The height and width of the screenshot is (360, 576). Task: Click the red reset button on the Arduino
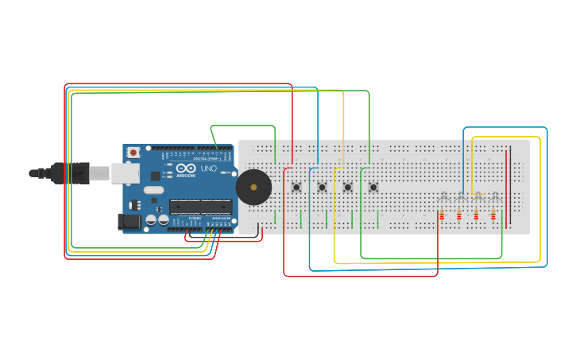coord(133,152)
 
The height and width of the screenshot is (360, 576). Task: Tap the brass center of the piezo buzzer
coord(253,188)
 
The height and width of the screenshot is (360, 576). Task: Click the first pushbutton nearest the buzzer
coord(296,188)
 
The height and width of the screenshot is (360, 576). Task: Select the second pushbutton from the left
coord(322,188)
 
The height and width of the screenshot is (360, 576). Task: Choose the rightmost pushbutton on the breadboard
coord(373,188)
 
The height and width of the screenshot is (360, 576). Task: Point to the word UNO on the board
coord(208,168)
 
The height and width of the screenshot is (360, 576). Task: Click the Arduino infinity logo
coord(187,168)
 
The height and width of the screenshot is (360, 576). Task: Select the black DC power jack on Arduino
coord(129,222)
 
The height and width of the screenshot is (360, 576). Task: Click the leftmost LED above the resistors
coord(443,196)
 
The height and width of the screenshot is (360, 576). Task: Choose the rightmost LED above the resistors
coord(495,196)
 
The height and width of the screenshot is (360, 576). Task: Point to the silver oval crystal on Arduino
coord(154,190)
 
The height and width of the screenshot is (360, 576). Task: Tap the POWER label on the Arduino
coord(195,218)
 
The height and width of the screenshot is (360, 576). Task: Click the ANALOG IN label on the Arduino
coord(220,218)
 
